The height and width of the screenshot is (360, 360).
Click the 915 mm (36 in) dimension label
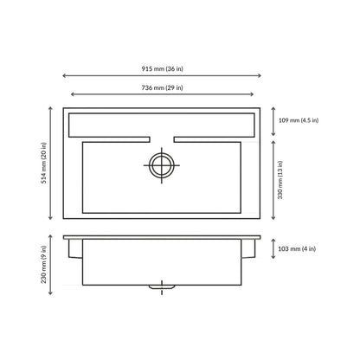(x=162, y=68)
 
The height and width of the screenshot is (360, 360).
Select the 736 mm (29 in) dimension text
(x=162, y=87)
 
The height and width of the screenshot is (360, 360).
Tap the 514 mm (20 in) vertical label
(x=43, y=164)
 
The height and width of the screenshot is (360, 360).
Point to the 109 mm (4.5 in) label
(x=299, y=120)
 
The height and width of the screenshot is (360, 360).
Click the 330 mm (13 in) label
(x=280, y=180)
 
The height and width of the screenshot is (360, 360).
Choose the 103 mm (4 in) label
(x=297, y=248)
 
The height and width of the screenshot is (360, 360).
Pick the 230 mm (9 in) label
(x=43, y=264)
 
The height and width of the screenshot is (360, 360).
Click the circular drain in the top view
(x=162, y=165)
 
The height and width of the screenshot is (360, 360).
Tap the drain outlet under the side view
(x=162, y=286)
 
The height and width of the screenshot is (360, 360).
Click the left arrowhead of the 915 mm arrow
(x=64, y=76)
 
